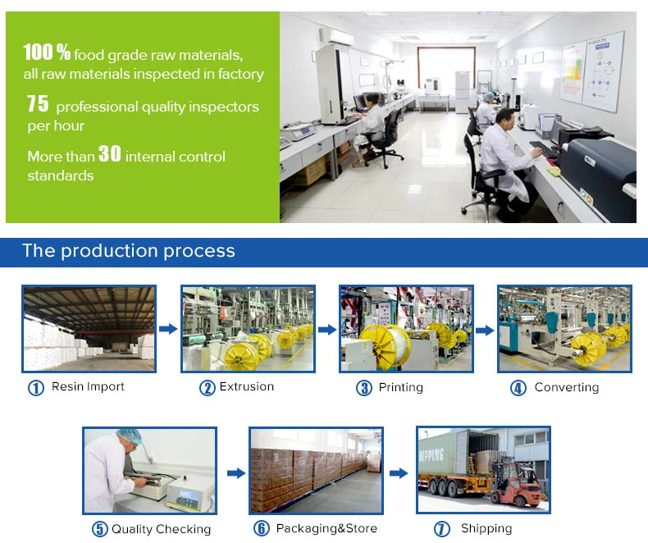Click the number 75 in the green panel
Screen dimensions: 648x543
click(38, 103)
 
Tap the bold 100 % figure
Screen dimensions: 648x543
click(47, 52)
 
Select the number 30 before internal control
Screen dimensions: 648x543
click(110, 153)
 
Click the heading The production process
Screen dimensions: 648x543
click(129, 251)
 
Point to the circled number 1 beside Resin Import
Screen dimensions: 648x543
click(36, 388)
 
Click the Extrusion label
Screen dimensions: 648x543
click(247, 386)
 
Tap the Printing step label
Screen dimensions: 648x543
click(401, 388)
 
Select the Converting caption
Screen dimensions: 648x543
click(567, 387)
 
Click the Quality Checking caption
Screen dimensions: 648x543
click(161, 529)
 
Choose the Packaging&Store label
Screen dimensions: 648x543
click(326, 528)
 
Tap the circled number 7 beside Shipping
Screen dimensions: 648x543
click(442, 529)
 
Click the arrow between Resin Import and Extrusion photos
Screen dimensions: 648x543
click(168, 329)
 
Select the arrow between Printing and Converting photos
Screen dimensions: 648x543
click(485, 331)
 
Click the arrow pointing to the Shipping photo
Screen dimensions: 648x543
click(399, 472)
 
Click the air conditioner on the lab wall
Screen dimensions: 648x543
click(337, 36)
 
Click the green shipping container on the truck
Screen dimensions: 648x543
click(443, 454)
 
